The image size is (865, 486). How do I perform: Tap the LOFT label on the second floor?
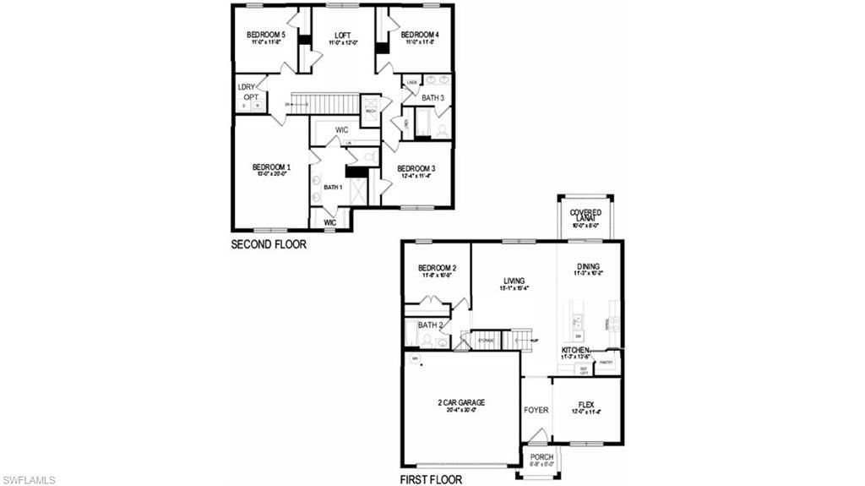coord(342,35)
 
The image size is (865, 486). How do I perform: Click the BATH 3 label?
coord(433,98)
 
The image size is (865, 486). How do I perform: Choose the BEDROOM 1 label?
coord(271,167)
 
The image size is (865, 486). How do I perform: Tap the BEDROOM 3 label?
coord(416,168)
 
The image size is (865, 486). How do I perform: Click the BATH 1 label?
coord(333,187)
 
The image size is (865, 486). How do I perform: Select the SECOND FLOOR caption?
coord(269,245)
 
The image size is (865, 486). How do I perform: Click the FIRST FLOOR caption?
coord(431,479)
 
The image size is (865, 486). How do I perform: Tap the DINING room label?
coord(588,266)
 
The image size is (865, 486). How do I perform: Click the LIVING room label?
coord(514,281)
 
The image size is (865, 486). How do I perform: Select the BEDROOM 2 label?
coord(437,269)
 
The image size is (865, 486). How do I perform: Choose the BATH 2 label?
coord(430,325)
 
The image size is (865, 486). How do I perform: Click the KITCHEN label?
coord(575,350)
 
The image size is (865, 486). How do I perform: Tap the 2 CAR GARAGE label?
coord(461,402)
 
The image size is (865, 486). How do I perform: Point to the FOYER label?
coord(536,410)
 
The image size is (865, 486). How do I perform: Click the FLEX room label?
coord(586,405)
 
